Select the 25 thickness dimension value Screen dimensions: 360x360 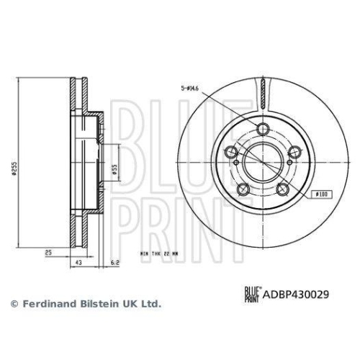point(48,254)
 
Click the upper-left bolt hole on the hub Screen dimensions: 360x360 point(231,152)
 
